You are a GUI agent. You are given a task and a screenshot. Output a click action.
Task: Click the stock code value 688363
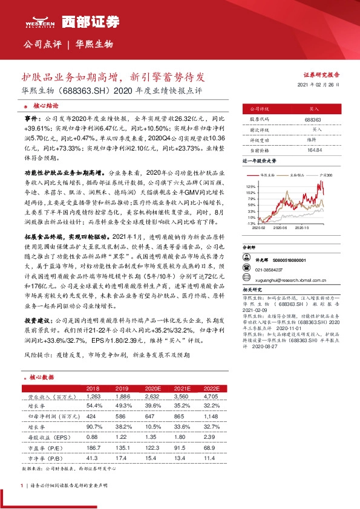point(313,120)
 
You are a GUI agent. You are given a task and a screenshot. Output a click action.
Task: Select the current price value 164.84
point(313,149)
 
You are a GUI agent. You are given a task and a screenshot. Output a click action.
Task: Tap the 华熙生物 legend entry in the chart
point(267,174)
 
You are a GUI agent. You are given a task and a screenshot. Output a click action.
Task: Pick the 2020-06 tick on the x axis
point(280,229)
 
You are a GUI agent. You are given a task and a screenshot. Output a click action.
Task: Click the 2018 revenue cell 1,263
point(93,397)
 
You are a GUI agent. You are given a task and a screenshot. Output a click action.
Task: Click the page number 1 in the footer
point(23,485)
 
